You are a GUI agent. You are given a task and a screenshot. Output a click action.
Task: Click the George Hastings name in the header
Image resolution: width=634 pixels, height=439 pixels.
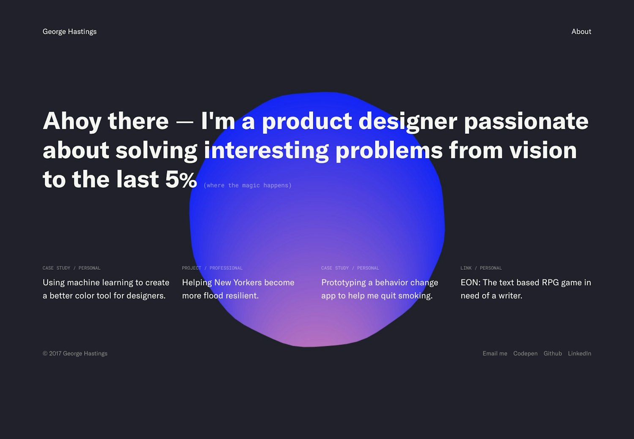click(x=69, y=32)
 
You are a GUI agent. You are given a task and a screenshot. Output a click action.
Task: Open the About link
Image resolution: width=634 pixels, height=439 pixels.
click(x=581, y=31)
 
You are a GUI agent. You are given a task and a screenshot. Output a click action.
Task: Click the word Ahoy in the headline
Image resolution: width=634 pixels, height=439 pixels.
click(x=72, y=122)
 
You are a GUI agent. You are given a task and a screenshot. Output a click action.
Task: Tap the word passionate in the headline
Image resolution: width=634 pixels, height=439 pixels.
click(x=526, y=122)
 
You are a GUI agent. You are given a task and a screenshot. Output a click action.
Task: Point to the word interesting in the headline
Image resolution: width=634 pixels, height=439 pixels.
click(x=266, y=151)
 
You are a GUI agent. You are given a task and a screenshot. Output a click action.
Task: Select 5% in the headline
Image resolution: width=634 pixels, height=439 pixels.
click(x=181, y=179)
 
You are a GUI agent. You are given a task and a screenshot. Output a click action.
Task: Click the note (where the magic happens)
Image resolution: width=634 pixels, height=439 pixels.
click(x=247, y=185)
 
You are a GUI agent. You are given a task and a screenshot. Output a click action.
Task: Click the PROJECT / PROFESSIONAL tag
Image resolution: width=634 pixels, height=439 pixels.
click(x=212, y=268)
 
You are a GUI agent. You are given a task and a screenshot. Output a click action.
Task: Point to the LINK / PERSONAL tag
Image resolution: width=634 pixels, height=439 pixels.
click(x=481, y=268)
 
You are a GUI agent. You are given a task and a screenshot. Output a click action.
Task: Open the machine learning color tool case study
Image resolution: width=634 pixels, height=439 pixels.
click(x=106, y=289)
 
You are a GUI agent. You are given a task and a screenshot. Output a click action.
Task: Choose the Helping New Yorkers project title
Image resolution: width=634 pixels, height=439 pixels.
click(x=238, y=289)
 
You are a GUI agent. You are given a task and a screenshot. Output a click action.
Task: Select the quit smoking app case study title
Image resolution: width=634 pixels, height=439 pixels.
click(x=380, y=289)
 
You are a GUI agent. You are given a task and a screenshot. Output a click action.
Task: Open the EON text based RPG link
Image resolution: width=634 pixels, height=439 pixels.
click(x=526, y=289)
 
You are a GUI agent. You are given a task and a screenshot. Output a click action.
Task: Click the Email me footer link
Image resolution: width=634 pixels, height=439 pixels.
click(x=495, y=353)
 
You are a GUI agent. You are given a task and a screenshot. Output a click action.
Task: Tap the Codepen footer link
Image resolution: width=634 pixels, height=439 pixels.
click(x=525, y=354)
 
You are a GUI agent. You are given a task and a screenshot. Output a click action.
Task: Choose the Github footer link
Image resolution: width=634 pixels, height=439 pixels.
click(x=552, y=353)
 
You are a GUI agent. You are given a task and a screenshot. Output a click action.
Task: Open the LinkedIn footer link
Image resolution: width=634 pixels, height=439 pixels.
click(x=579, y=353)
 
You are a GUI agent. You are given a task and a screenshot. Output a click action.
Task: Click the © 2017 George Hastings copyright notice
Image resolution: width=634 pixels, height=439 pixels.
click(x=75, y=354)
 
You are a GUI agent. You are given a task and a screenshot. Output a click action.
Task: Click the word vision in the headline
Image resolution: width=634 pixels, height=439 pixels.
click(x=543, y=150)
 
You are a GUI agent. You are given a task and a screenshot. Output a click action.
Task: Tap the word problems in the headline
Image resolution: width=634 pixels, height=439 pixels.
click(x=389, y=151)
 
